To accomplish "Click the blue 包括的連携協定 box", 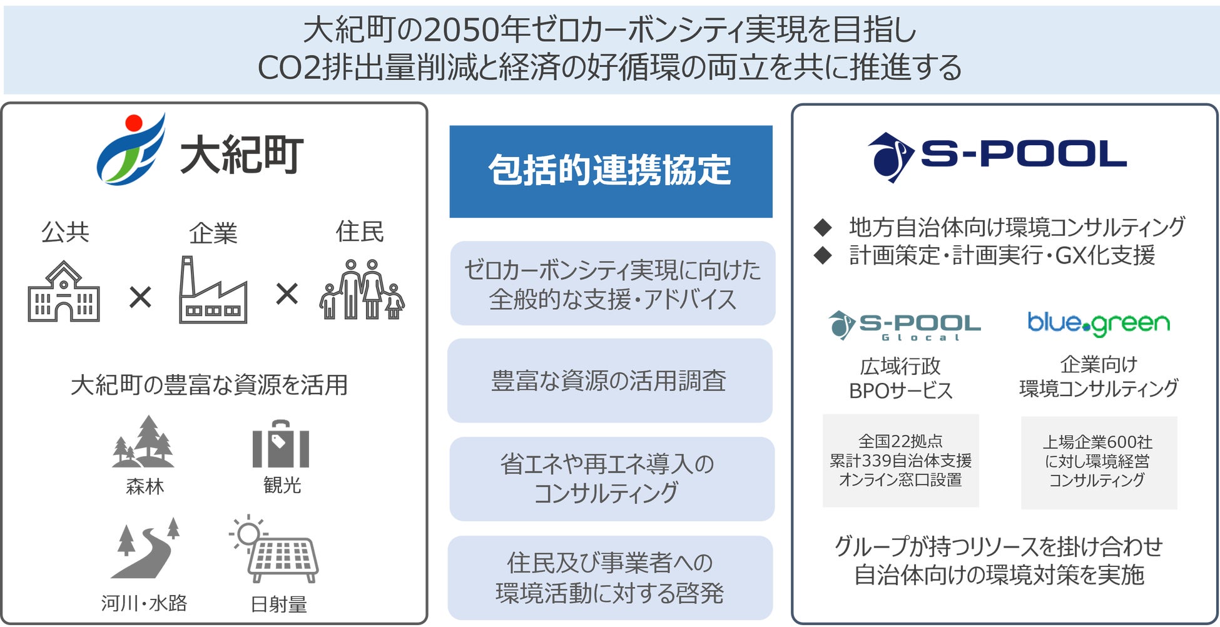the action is pyautogui.click(x=611, y=171).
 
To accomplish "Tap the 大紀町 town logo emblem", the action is pyautogui.click(x=131, y=149).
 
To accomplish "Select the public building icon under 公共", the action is pyautogui.click(x=64, y=292).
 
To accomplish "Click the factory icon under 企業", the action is pyautogui.click(x=213, y=289).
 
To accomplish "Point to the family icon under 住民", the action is pyautogui.click(x=362, y=289).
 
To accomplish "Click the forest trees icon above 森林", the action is pyautogui.click(x=143, y=441).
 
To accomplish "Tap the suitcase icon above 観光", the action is pyautogui.click(x=281, y=444).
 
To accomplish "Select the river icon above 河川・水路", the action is pyautogui.click(x=145, y=548).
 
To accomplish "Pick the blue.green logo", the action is pyautogui.click(x=1099, y=324).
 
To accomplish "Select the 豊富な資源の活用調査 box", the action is pyautogui.click(x=610, y=380).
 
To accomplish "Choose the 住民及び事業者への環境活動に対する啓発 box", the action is pyautogui.click(x=610, y=578).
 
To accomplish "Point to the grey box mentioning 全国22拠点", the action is pyautogui.click(x=900, y=461).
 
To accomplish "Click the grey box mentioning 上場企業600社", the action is pyautogui.click(x=1099, y=462).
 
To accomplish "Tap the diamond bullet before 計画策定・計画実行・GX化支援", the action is pyautogui.click(x=823, y=255).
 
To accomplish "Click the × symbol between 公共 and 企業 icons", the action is pyautogui.click(x=140, y=297).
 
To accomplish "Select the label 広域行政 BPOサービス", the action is pyautogui.click(x=900, y=378).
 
